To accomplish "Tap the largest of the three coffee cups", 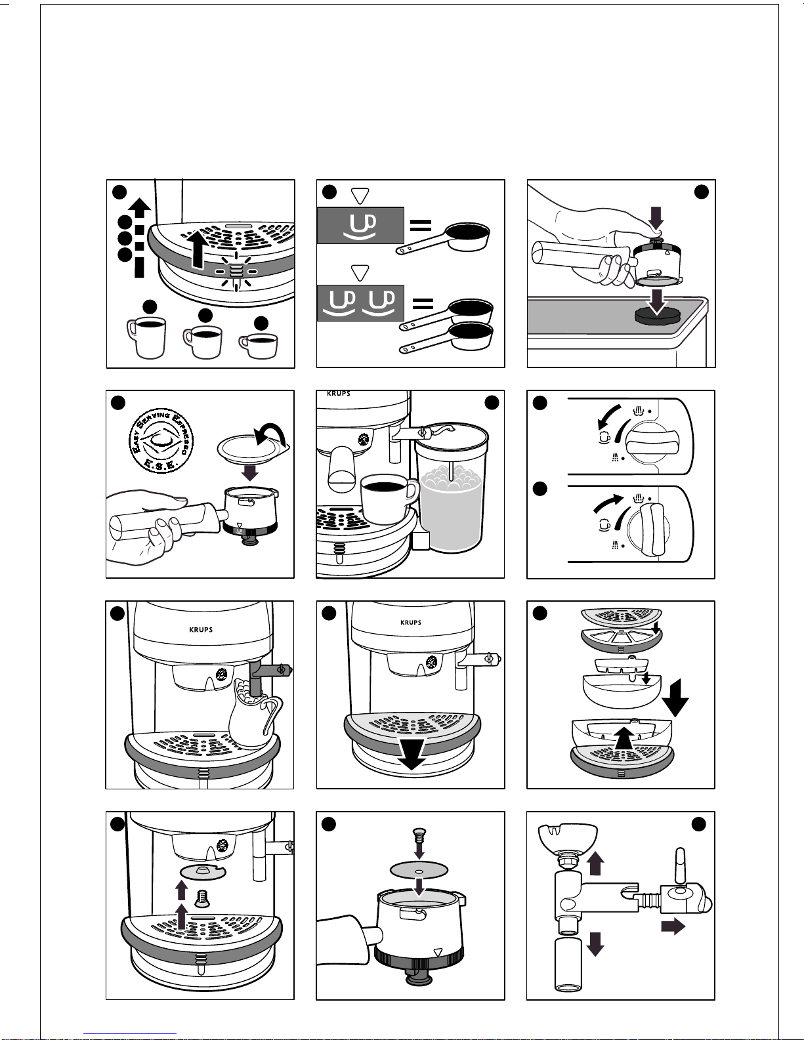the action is pos(146,336).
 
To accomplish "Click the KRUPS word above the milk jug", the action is pos(201,630).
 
